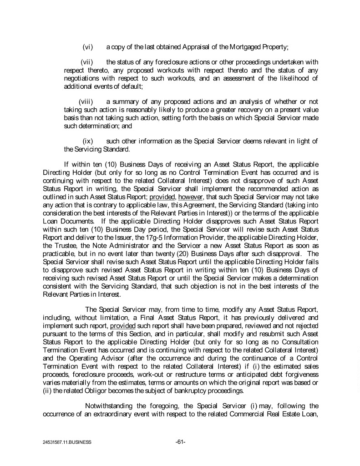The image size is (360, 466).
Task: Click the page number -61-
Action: pos(180,441)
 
